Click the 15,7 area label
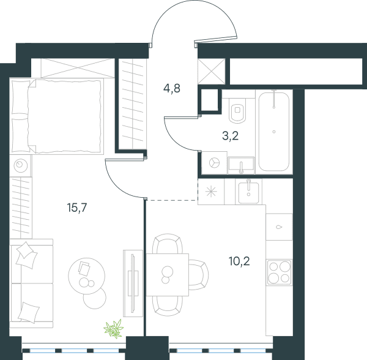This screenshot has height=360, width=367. pos(77,208)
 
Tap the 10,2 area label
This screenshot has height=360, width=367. pos(239,261)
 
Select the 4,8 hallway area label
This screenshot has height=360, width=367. pos(172,89)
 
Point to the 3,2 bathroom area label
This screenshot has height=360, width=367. pos(231,136)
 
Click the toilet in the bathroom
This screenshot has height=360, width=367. pos(237,111)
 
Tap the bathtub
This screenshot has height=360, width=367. pos(274,132)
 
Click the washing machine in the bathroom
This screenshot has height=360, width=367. pos(214,163)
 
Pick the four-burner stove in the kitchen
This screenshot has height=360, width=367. pos(280,272)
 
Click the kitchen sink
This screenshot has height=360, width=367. pos(248,192)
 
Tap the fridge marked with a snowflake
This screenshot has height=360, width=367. pos(211,192)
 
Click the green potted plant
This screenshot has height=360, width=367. pos(114,329)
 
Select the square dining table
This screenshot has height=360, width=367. pos(168,275)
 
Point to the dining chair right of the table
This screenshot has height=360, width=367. pos(198,275)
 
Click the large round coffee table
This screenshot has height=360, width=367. pos(87,276)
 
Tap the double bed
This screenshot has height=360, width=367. pos(57,116)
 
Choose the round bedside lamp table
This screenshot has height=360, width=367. pos(21,165)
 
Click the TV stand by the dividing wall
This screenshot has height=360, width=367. pos(133,283)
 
